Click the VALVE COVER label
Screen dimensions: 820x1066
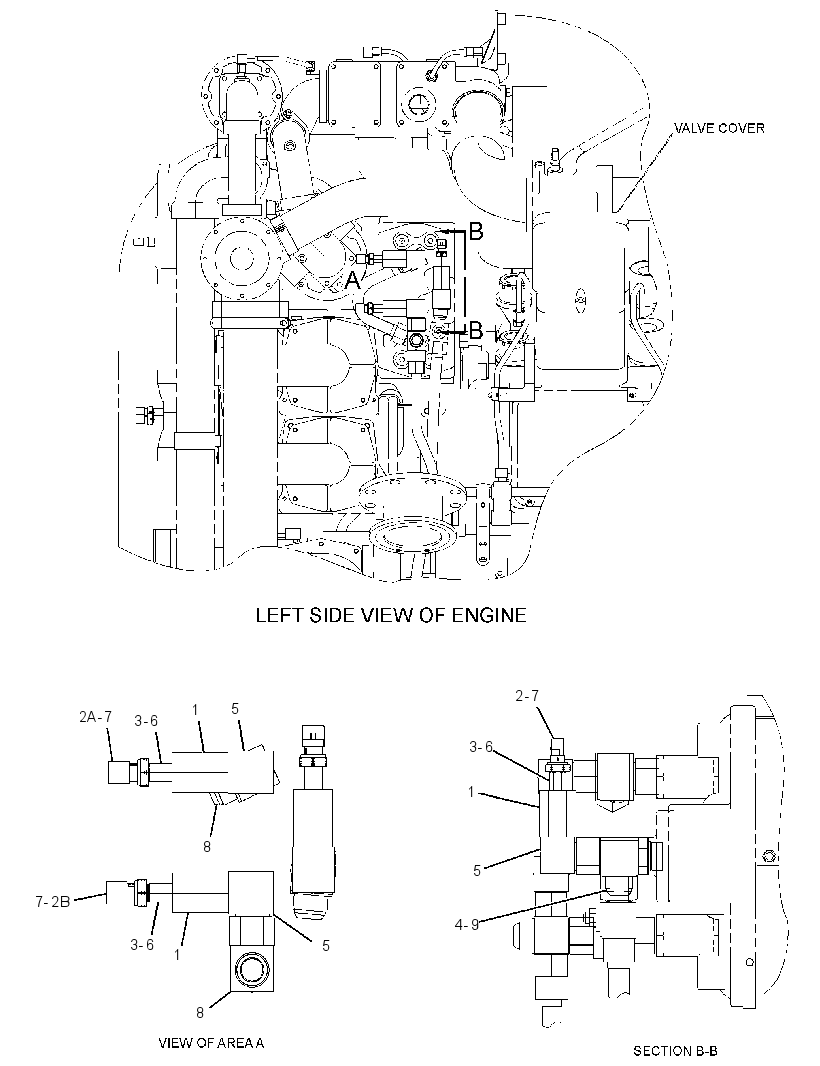[x=719, y=128]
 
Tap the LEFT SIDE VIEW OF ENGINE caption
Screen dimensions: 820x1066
[x=391, y=615]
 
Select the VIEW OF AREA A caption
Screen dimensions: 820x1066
[x=211, y=1042]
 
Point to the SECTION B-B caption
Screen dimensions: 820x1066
[x=675, y=1051]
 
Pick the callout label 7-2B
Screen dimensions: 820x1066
[x=52, y=901]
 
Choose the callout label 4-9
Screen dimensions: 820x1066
[x=467, y=925]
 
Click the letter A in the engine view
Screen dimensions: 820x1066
[x=352, y=280]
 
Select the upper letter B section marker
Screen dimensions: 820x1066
[x=476, y=232]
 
